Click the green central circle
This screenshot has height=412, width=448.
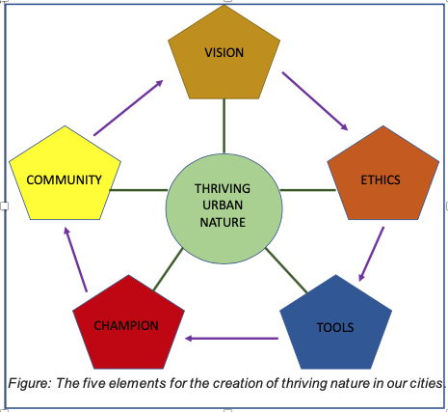point(224,208)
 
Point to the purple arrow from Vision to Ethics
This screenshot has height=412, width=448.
point(315,101)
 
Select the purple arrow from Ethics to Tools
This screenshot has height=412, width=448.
point(371,254)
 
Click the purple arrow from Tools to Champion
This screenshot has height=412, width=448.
point(231,339)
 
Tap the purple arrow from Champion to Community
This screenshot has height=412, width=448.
point(76,260)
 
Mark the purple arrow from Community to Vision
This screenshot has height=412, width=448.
point(128,108)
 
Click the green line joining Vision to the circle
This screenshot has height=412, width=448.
point(224,126)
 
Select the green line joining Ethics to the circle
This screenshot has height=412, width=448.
point(308,190)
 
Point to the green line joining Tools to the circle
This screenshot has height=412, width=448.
point(286,270)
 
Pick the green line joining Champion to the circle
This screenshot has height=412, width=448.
point(168,269)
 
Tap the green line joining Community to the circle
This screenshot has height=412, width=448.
point(139,190)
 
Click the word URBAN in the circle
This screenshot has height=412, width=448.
point(223,206)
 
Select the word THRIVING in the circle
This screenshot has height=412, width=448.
point(223,188)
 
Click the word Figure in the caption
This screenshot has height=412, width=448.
point(30,383)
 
